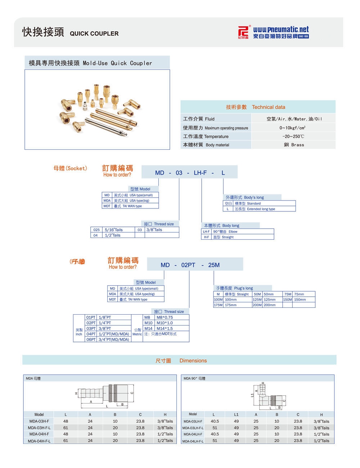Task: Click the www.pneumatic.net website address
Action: point(281,30)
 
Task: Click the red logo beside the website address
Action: point(243,32)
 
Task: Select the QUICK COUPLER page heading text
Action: point(94,33)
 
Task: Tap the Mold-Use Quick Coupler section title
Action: point(117,63)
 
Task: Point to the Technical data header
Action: point(268,107)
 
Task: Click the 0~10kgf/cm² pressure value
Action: point(292,128)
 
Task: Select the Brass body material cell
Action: point(294,145)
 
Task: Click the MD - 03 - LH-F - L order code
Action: point(190,173)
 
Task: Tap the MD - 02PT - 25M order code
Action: point(190,265)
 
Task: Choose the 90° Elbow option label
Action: point(233,231)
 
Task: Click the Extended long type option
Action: point(261,209)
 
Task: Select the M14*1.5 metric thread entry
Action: point(164,328)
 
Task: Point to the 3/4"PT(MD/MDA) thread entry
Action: point(113,339)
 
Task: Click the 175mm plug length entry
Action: point(231,305)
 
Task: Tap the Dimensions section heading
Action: point(193,360)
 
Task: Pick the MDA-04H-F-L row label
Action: point(39,441)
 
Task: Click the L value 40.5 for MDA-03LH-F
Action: point(215,421)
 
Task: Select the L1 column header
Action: point(236,414)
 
